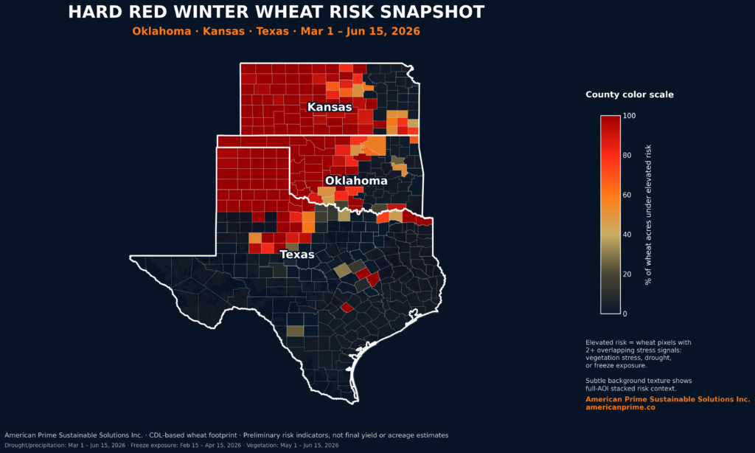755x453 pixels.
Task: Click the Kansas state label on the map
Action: tap(330, 107)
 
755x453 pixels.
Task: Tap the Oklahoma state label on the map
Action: tap(356, 181)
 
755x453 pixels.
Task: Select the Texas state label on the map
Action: tap(297, 255)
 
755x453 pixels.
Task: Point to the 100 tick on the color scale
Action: tap(629, 116)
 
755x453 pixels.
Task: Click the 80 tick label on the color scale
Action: tap(627, 155)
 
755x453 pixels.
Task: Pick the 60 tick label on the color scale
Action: tap(627, 196)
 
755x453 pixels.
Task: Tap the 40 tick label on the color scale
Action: tap(627, 235)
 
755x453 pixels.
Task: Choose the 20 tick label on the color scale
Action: tap(627, 274)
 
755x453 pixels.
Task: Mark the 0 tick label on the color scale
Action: tap(625, 314)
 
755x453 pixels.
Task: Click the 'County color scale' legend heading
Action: tap(630, 94)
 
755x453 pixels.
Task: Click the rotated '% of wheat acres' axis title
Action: tap(648, 215)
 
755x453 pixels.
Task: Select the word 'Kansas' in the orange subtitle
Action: tap(223, 31)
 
